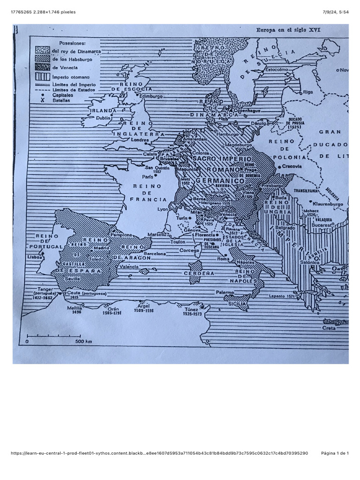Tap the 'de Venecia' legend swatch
(43, 67)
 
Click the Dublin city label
(103, 119)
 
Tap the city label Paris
(148, 177)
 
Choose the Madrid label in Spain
(101, 248)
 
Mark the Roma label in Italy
(223, 258)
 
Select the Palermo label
(225, 292)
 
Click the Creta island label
(329, 328)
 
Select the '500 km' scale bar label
(83, 341)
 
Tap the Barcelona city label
(155, 254)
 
